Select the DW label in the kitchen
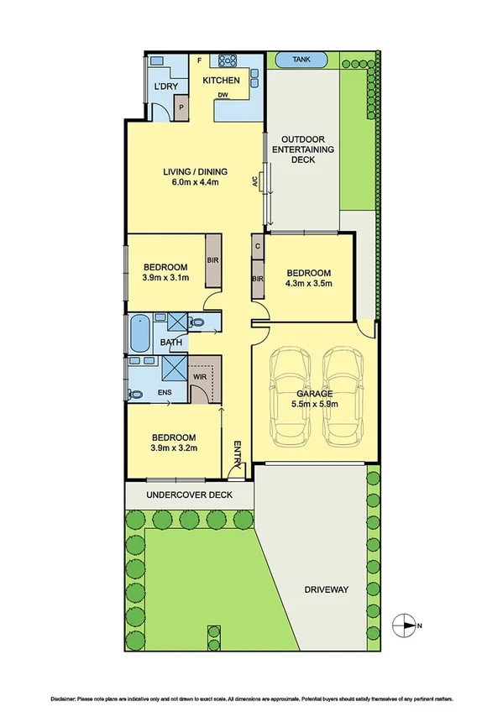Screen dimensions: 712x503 (223, 95)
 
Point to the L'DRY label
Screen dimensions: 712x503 (165, 86)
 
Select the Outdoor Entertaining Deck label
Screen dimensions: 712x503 (307, 149)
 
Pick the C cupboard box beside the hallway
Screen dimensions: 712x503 (257, 246)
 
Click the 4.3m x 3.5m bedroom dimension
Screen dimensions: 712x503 (309, 284)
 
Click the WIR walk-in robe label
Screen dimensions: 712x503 (199, 378)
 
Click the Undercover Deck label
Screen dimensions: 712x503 (189, 495)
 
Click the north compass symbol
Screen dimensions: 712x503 (406, 624)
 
